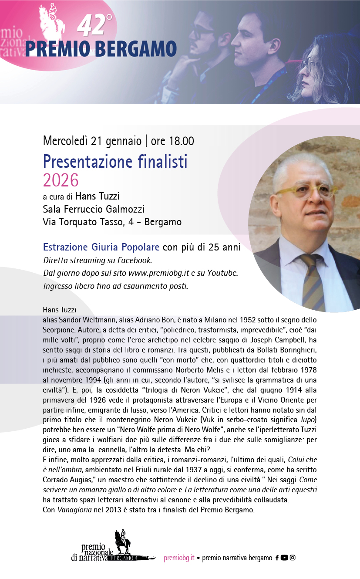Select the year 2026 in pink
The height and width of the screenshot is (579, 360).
coord(61,179)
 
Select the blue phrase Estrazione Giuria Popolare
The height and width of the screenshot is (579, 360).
coord(101,247)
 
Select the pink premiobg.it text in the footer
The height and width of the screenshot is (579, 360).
coord(179,558)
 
